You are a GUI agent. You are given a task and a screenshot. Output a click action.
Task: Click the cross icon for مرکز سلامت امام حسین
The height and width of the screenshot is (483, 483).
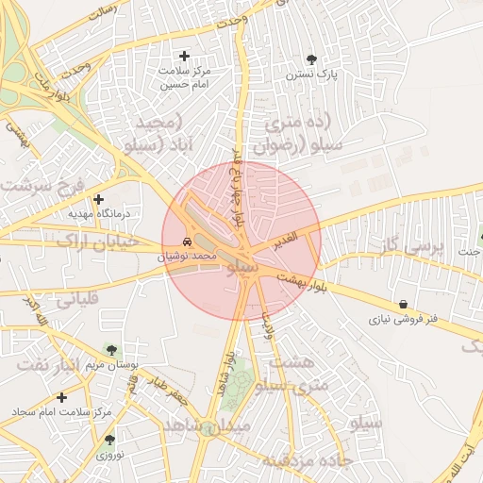(x=184, y=57)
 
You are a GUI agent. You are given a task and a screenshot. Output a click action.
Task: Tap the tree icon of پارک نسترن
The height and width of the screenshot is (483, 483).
(x=312, y=59)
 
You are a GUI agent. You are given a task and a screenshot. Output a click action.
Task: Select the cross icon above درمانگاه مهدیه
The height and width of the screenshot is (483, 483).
(x=98, y=199)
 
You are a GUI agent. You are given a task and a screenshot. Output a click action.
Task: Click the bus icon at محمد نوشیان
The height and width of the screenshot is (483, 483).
(x=189, y=241)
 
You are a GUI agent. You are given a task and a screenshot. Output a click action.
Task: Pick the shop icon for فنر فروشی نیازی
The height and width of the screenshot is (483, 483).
(x=405, y=305)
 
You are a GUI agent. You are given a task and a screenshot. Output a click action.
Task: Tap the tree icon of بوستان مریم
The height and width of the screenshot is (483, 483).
(x=112, y=351)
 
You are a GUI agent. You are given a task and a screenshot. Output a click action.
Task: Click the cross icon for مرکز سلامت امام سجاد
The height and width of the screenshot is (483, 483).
(x=61, y=398)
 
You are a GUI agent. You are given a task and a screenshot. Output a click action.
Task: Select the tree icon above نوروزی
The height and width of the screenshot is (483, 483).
(x=110, y=440)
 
